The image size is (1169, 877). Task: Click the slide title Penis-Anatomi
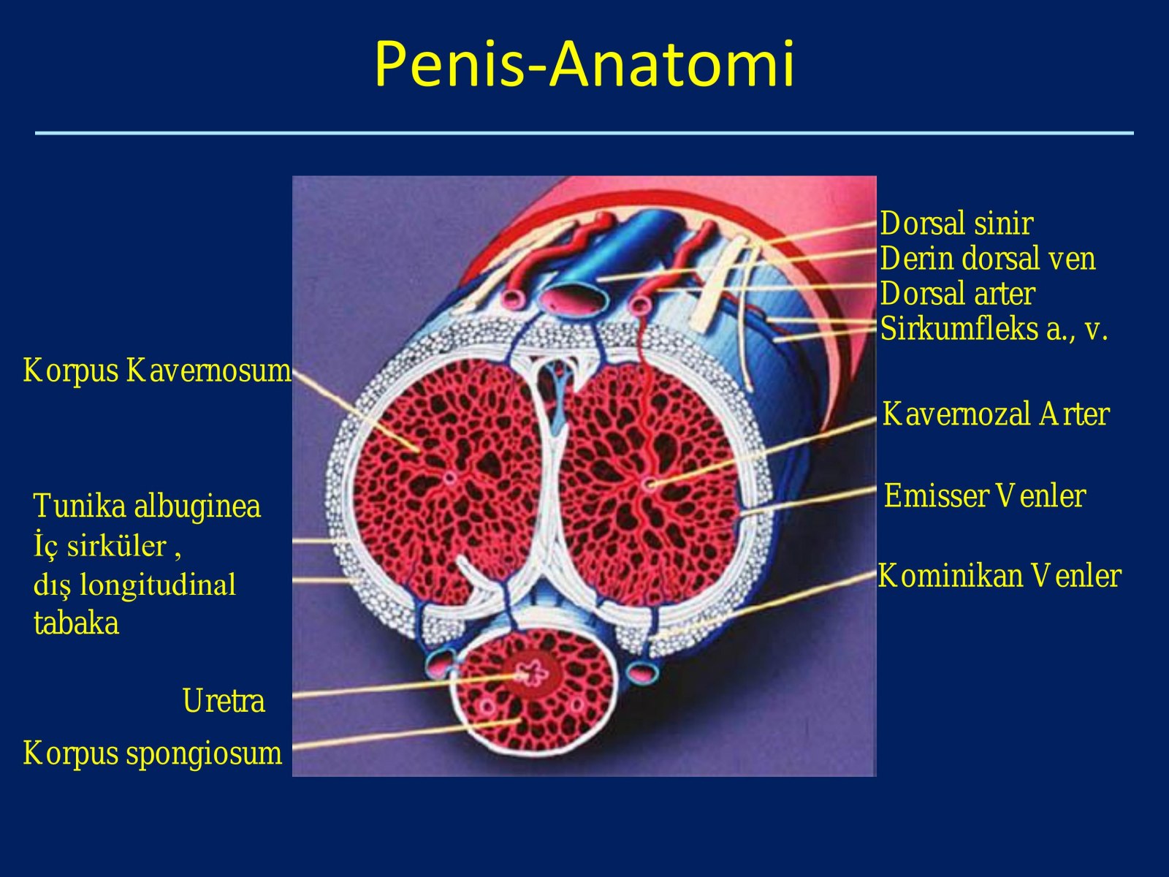[x=584, y=64]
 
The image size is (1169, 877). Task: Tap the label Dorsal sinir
[x=956, y=223]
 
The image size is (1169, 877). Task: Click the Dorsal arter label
[x=958, y=293]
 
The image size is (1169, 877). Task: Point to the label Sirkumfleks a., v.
[x=994, y=329]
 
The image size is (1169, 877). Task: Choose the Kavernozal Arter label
[x=996, y=414]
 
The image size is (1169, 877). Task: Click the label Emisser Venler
[x=985, y=496]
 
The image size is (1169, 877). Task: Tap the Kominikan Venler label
[x=999, y=576]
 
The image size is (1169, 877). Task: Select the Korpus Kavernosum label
[x=157, y=370]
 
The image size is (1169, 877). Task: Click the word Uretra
[x=224, y=700]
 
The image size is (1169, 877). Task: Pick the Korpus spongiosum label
[x=152, y=753]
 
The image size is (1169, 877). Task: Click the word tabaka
[x=76, y=623]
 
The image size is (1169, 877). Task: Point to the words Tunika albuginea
[x=147, y=505]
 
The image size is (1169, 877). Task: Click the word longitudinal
[x=158, y=585]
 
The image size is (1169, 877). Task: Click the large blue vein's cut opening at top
[x=574, y=300]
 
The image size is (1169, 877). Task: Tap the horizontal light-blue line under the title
[x=584, y=132]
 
